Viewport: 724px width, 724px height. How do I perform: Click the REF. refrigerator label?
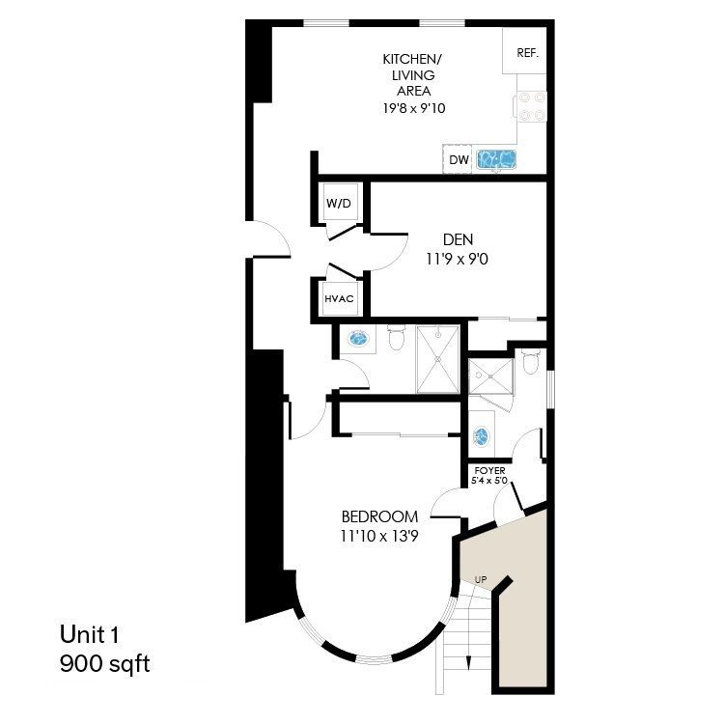(x=527, y=53)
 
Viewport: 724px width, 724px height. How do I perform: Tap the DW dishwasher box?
(x=459, y=159)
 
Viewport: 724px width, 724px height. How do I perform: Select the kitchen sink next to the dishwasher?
(x=498, y=158)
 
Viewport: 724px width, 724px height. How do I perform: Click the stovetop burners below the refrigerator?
(x=532, y=106)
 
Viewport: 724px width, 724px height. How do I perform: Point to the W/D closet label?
(x=338, y=204)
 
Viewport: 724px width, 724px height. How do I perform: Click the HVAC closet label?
(x=339, y=299)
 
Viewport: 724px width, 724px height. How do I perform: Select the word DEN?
(x=459, y=239)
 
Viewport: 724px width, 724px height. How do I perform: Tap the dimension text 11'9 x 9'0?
(x=459, y=259)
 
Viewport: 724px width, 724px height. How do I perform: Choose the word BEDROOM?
(x=379, y=516)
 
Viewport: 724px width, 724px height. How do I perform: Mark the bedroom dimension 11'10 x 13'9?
(x=379, y=535)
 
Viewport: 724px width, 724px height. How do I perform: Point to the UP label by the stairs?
(x=481, y=579)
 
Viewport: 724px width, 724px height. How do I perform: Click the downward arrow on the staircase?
(x=467, y=662)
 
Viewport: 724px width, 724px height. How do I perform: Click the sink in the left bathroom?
(x=359, y=339)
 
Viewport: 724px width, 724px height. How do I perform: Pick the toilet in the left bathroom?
(x=395, y=338)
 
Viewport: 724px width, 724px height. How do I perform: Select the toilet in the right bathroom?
(x=529, y=363)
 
